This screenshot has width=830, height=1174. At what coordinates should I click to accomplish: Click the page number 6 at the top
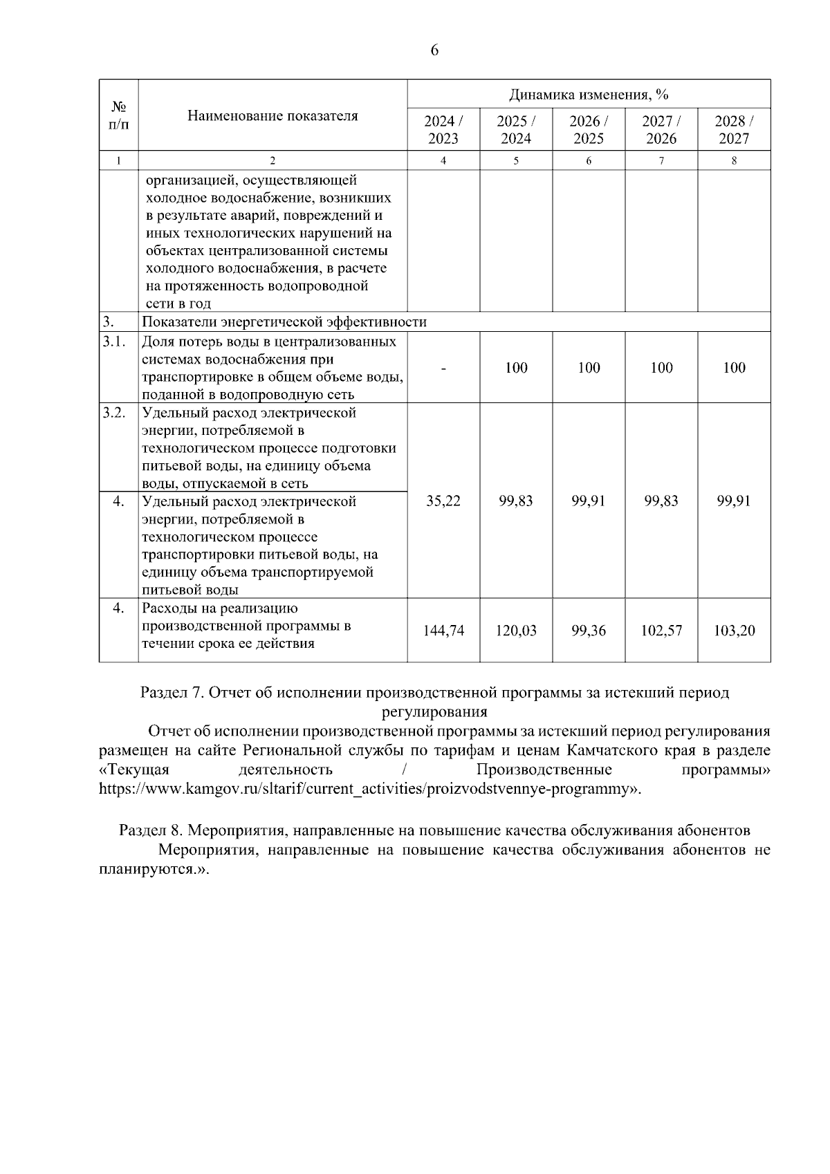pyautogui.click(x=434, y=51)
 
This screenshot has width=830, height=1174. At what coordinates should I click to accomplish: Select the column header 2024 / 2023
pyautogui.click(x=443, y=129)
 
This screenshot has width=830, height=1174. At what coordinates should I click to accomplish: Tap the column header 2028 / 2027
pyautogui.click(x=734, y=129)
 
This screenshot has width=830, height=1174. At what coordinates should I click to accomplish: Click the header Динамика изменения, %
pyautogui.click(x=589, y=94)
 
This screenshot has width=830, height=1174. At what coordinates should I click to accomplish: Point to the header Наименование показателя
pyautogui.click(x=273, y=115)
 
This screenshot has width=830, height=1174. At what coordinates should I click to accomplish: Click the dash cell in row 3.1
pyautogui.click(x=443, y=368)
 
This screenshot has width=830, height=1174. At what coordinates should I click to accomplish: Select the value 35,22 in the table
pyautogui.click(x=443, y=501)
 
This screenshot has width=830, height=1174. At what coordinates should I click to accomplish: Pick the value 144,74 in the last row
pyautogui.click(x=443, y=631)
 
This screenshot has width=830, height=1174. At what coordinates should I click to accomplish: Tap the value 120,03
pyautogui.click(x=516, y=631)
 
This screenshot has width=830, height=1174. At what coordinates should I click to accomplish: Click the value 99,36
pyautogui.click(x=589, y=631)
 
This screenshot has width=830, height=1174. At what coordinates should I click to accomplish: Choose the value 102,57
pyautogui.click(x=661, y=631)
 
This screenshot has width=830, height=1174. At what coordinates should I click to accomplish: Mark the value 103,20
pyautogui.click(x=734, y=631)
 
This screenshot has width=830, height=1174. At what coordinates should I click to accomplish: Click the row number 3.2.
pyautogui.click(x=114, y=413)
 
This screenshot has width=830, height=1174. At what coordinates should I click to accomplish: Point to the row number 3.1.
pyautogui.click(x=114, y=342)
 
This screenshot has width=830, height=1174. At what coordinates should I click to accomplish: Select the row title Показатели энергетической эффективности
pyautogui.click(x=284, y=322)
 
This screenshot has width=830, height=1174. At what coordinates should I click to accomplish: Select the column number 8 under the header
pyautogui.click(x=734, y=160)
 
